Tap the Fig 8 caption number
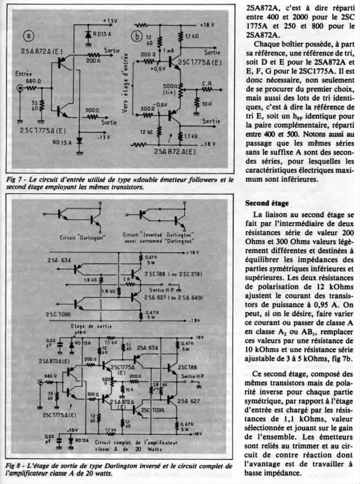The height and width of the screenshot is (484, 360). (13, 466)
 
